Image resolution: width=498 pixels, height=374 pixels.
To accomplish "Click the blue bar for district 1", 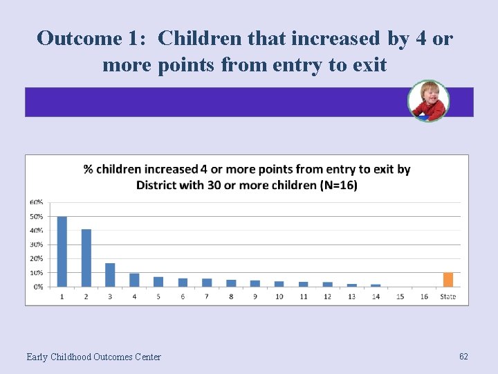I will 62,251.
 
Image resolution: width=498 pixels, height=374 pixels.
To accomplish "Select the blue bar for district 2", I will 86,258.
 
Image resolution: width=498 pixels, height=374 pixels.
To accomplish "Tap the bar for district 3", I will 110,275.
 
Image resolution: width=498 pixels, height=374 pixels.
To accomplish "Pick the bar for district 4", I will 134,280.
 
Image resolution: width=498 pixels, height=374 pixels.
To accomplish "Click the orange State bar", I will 448,280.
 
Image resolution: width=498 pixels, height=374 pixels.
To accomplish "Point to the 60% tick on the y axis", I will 36,202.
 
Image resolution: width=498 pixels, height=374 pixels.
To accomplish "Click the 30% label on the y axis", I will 36,244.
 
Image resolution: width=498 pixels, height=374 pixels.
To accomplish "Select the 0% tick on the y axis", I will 37,287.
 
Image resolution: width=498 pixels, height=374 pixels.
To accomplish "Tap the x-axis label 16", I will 424,296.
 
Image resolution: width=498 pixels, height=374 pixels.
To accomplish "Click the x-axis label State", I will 448,296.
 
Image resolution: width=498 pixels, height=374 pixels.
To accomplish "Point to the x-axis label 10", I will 279,296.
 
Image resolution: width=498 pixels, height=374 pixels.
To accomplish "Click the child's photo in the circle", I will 428,101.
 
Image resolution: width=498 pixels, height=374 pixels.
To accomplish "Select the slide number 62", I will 463,356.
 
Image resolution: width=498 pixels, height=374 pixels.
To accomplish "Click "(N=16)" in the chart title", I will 337,185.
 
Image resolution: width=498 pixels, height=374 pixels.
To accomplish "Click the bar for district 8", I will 231,283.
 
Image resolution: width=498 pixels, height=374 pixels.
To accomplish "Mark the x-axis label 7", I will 207,296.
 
